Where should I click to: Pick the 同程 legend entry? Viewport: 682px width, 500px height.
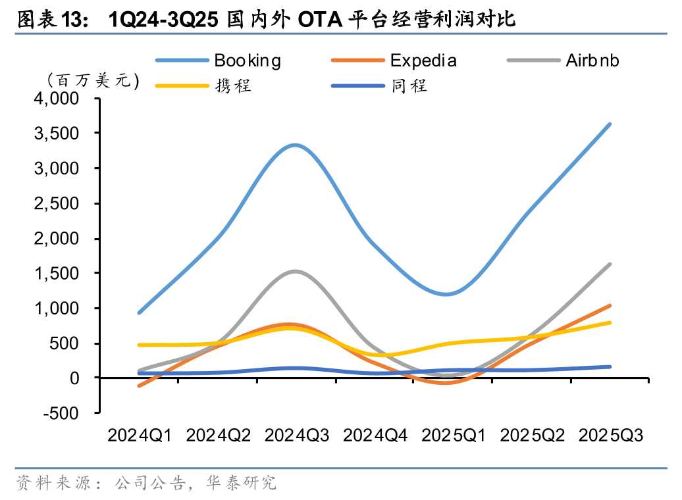pyautogui.click(x=408, y=86)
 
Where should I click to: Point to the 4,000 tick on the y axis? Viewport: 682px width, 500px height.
pyautogui.click(x=55, y=99)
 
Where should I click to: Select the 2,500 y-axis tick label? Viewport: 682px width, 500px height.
pyautogui.click(x=55, y=203)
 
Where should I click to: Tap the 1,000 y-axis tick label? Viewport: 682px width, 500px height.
pyautogui.click(x=55, y=309)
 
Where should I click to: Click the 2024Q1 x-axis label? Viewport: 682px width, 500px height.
pyautogui.click(x=140, y=435)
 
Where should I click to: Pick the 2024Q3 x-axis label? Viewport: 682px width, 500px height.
pyautogui.click(x=296, y=435)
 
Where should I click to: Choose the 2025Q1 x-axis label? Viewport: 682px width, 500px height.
pyautogui.click(x=454, y=435)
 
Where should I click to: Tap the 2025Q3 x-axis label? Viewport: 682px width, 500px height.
pyautogui.click(x=610, y=435)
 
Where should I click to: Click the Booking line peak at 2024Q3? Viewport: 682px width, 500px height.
pyautogui.click(x=296, y=145)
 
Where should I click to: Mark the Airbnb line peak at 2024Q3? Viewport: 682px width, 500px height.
pyautogui.click(x=296, y=271)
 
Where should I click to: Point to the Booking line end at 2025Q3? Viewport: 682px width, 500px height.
pyautogui.click(x=610, y=124)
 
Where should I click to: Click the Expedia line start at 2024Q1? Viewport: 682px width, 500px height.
pyautogui.click(x=139, y=386)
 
